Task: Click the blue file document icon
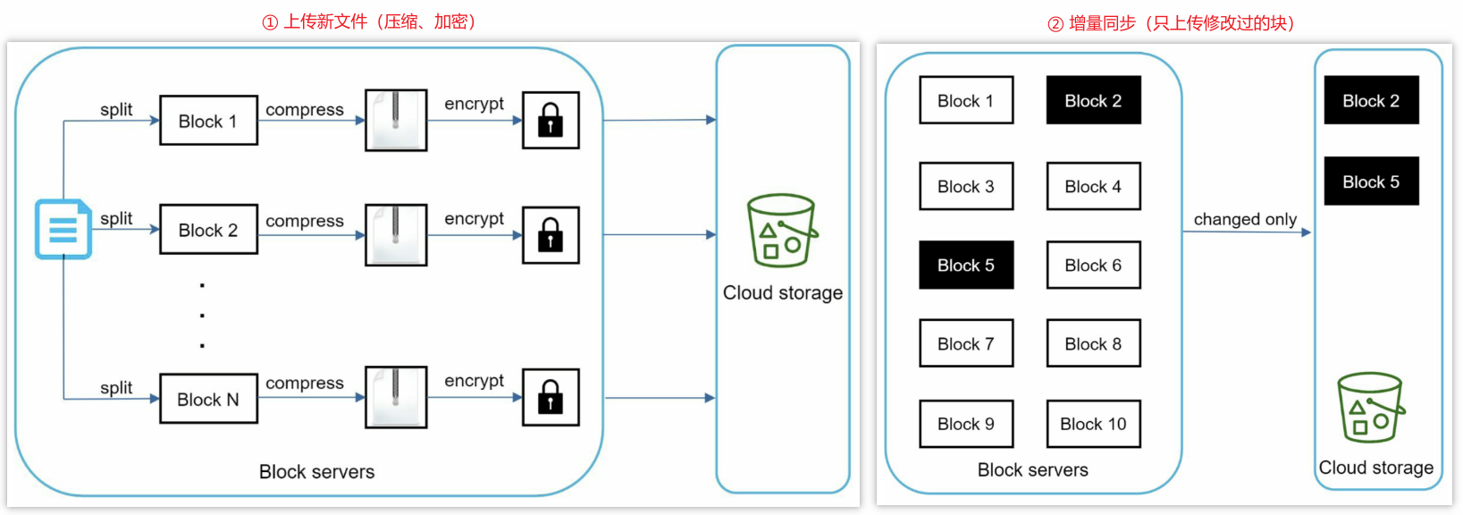[63, 229]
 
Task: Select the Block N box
[208, 399]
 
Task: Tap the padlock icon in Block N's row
[551, 397]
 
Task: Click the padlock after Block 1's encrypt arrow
[551, 120]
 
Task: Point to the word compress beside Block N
[305, 383]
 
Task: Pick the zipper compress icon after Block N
[396, 397]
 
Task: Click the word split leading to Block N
[116, 387]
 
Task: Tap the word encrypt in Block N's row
[474, 381]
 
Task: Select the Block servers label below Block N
[316, 472]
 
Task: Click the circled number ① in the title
[270, 22]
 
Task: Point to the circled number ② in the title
[1055, 24]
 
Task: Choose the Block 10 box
[1093, 424]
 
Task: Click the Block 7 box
[966, 343]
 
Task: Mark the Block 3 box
[966, 186]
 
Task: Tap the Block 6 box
[1093, 265]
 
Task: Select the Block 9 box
[966, 424]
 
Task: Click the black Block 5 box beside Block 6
[966, 265]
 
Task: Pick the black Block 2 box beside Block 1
[1093, 100]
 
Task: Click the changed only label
[1245, 219]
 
